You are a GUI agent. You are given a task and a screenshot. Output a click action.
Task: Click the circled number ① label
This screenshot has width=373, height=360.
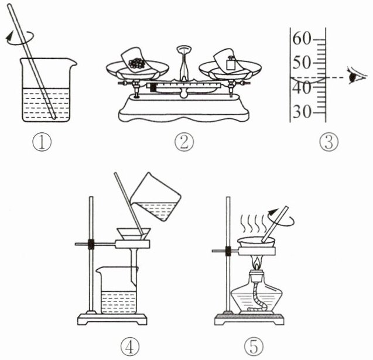[x=42, y=142]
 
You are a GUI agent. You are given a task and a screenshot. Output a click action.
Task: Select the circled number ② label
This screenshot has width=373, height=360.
[x=184, y=142]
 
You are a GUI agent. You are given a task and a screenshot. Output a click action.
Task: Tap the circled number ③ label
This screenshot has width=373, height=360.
[x=328, y=142]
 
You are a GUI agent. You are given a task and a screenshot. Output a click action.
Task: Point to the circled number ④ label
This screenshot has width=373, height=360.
[x=129, y=347]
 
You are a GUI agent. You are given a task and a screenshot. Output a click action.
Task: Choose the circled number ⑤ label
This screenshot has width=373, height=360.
[x=254, y=347]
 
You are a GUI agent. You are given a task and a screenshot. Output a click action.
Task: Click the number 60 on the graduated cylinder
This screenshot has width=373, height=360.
[x=302, y=39]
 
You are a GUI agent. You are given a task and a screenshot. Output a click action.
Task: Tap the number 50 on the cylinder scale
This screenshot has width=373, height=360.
[x=302, y=63]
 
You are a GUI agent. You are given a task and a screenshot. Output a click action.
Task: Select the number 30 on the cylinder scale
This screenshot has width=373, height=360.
[x=302, y=112]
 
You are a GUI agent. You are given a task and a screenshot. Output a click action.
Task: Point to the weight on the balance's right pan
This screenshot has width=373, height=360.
[x=231, y=63]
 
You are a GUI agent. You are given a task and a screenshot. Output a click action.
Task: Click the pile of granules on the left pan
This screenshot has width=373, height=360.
[x=136, y=63]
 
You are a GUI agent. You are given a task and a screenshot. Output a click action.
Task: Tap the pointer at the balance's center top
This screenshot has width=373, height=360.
[x=184, y=63]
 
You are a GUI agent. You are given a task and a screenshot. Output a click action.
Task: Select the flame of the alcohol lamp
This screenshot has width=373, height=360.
[x=256, y=263]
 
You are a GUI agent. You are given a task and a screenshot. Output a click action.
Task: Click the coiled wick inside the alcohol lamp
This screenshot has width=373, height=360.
[x=258, y=296]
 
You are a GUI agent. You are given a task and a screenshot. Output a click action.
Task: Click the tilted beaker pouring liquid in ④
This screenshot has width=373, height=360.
[x=156, y=197]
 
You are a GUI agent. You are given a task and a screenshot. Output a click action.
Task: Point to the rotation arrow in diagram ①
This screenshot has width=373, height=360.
[x=19, y=38]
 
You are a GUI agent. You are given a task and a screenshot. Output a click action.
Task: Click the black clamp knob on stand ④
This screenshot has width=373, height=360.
[x=91, y=244]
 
